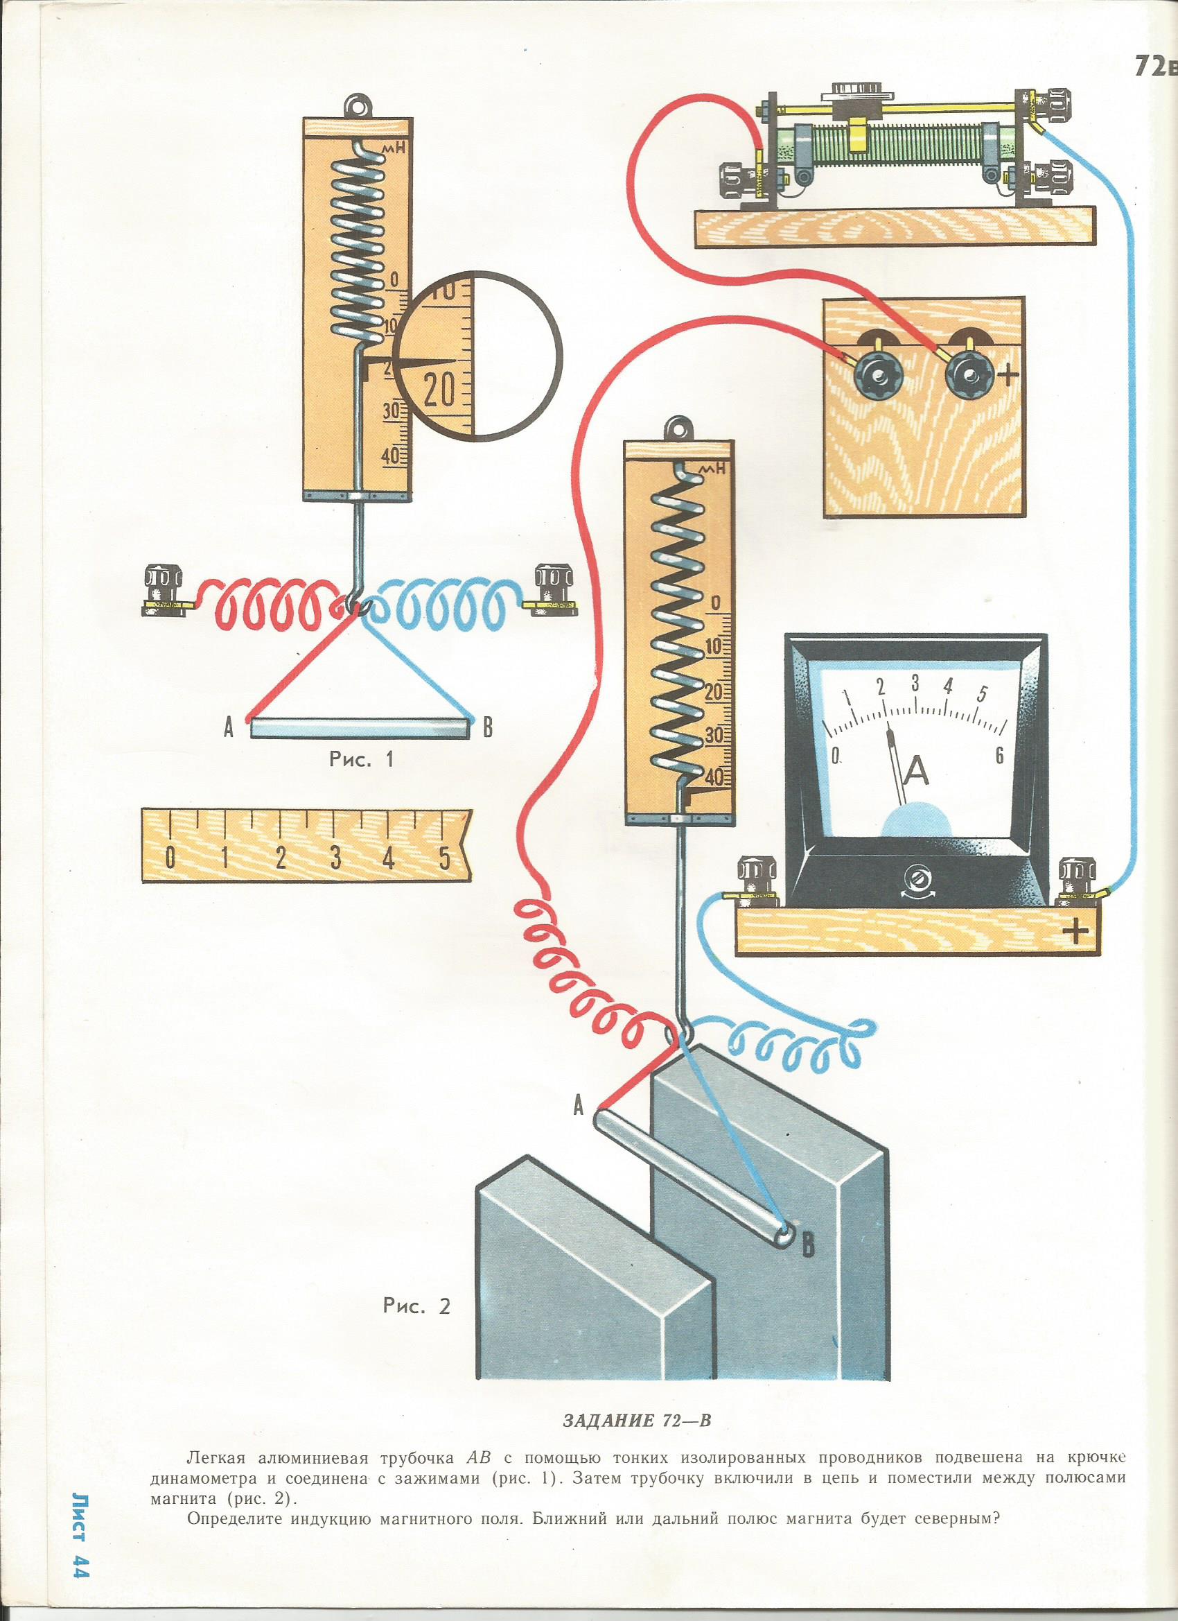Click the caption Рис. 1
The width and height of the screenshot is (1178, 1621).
coord(361,760)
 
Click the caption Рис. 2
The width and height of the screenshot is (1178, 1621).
coord(417,1306)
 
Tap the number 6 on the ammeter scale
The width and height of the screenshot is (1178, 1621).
coord(999,755)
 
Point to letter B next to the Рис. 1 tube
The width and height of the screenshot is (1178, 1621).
coord(488,728)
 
